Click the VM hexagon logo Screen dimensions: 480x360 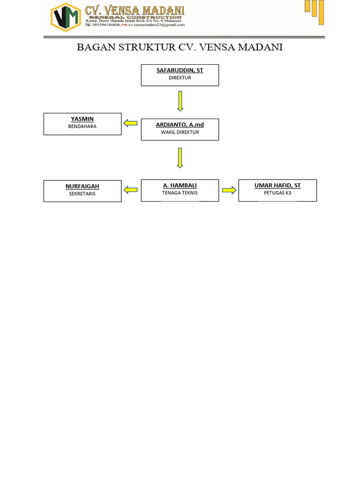tap(66, 17)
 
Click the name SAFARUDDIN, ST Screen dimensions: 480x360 tap(180, 70)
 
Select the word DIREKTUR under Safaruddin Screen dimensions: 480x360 tap(180, 78)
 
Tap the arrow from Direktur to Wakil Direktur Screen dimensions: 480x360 tap(180, 101)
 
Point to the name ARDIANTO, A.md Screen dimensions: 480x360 tap(180, 125)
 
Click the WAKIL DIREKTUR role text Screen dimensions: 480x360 tap(180, 132)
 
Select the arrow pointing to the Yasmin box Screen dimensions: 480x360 tap(130, 123)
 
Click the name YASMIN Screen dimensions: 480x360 tap(82, 119)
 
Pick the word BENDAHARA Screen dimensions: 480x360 tap(82, 127)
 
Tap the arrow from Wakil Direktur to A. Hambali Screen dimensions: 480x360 tap(180, 158)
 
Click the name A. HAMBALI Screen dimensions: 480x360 tap(180, 186)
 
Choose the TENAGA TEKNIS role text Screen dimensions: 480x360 tap(180, 193)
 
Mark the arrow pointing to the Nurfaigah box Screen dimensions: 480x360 tap(130, 190)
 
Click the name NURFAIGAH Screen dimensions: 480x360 tap(82, 187)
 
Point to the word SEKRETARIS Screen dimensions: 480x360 tap(82, 194)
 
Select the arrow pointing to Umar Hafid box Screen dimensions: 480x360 tap(229, 190)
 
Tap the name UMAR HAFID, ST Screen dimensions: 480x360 tap(277, 186)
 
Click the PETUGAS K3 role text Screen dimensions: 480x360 tap(277, 193)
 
